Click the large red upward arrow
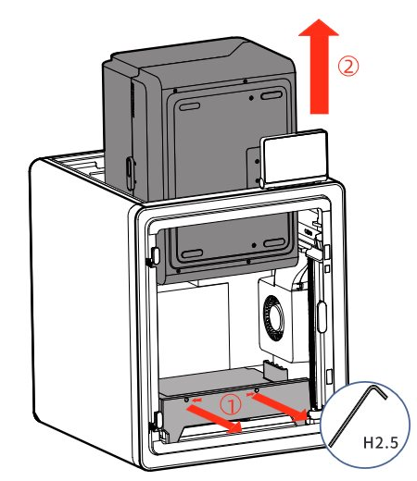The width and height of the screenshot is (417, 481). [319, 67]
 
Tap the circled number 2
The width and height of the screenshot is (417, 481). [348, 66]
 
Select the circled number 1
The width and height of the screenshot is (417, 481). [231, 404]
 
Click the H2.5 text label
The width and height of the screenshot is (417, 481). [380, 443]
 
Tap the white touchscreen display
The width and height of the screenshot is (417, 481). [295, 158]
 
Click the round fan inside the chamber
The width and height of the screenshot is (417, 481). [273, 317]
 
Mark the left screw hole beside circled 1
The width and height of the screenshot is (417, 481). [186, 400]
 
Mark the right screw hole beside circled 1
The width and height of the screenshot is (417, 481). [257, 391]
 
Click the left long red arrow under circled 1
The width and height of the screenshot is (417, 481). [214, 419]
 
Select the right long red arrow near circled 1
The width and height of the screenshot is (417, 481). [280, 408]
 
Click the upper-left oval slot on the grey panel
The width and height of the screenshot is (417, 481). [190, 106]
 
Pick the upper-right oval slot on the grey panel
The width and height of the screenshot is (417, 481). [272, 95]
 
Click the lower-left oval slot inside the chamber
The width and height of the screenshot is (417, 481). [192, 254]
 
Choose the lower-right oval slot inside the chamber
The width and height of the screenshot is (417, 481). [274, 242]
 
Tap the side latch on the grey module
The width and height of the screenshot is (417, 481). [130, 173]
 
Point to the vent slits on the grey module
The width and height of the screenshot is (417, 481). [133, 99]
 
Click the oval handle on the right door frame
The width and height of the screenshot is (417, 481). [322, 317]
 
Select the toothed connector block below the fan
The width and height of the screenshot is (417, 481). [275, 370]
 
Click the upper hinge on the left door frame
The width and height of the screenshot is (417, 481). [154, 256]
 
